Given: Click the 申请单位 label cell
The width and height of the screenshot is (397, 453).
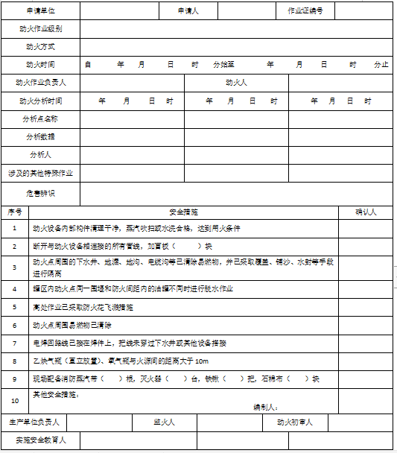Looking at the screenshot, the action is pos(40,11).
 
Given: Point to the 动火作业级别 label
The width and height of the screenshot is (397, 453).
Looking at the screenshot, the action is pos(40,29).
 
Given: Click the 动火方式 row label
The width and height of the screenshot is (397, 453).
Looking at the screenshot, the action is pos(40,47).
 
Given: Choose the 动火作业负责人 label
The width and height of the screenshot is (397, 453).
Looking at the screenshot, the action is pos(40,83).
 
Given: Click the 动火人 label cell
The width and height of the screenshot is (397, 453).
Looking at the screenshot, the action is pos(236,83).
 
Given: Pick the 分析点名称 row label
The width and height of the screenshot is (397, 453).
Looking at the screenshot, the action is pos(40,118).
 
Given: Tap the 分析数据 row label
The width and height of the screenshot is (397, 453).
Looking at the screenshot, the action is pos(40,137).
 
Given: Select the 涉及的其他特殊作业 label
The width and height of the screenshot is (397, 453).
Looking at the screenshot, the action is pos(40,173).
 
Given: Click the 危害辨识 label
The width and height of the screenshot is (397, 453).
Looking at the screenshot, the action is pos(40,193).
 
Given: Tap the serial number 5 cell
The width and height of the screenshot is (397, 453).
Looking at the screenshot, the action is pos(15,307).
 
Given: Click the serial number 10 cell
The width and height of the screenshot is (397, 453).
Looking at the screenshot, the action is pos(15,401).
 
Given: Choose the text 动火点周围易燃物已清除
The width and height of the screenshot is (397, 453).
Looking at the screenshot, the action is pos(72,326).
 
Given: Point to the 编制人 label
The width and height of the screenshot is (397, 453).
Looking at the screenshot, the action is pos(265,408).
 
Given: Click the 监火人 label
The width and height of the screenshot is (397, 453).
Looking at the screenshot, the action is pos(164,422).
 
